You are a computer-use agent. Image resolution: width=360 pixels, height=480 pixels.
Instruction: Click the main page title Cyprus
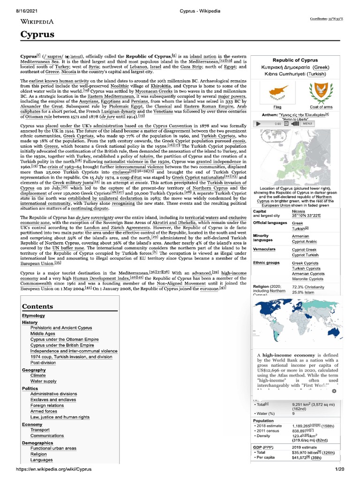point(37,34)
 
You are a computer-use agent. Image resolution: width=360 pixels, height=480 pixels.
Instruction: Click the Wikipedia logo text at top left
point(37,21)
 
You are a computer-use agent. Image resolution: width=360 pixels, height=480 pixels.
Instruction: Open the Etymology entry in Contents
point(33,315)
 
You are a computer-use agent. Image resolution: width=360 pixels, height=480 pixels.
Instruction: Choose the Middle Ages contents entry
point(43,333)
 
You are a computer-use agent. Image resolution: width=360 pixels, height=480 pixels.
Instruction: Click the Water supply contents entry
point(44,382)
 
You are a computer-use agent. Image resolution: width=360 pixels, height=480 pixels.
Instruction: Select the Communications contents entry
point(47,435)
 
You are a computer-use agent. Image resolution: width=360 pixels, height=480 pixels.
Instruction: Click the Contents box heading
point(38,307)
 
